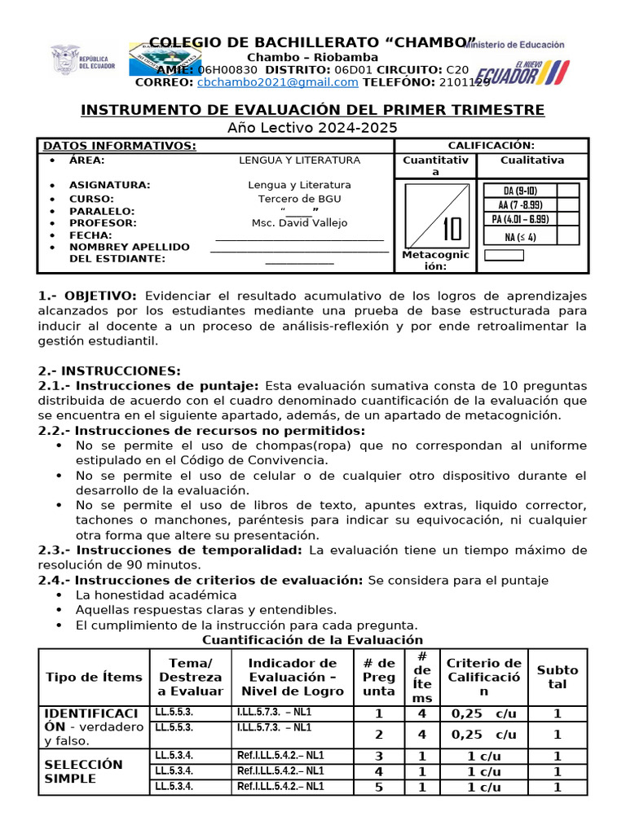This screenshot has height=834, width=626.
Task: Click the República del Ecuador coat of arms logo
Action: click(x=65, y=61)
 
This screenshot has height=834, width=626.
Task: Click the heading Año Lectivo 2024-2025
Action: click(x=312, y=127)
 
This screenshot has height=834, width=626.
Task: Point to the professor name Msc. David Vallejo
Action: click(x=298, y=222)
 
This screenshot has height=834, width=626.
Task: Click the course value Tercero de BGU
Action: click(x=299, y=199)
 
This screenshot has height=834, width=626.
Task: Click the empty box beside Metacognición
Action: click(x=504, y=255)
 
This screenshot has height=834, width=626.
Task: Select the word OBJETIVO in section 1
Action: click(x=99, y=296)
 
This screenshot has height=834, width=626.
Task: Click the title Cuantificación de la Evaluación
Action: click(x=312, y=640)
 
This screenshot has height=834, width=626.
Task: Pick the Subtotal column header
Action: click(x=558, y=677)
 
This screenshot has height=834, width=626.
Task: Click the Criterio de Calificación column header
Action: click(x=484, y=677)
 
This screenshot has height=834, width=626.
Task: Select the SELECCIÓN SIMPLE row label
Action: click(x=83, y=771)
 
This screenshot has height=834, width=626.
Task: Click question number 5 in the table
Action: click(x=377, y=787)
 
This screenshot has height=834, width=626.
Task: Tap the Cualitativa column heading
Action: click(x=532, y=160)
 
